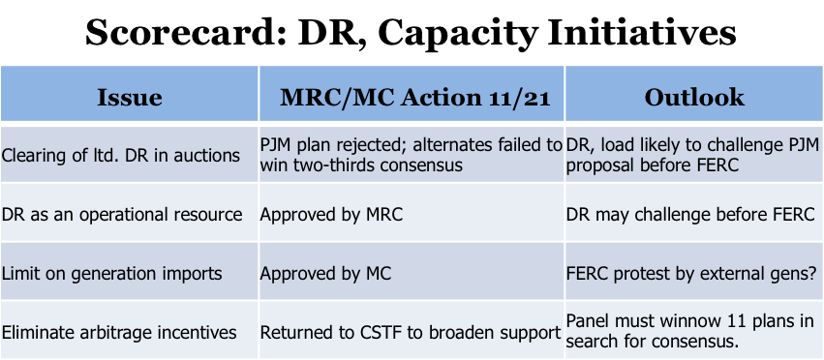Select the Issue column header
(130, 98)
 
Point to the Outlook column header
(694, 98)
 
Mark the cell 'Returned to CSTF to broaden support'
(411, 333)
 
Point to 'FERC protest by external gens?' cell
(692, 274)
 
